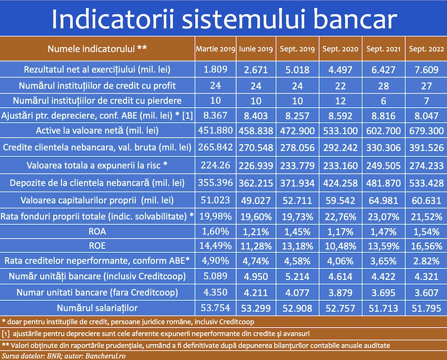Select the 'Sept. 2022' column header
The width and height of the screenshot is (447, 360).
[x=426, y=49]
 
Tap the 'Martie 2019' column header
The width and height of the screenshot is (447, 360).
[x=216, y=49]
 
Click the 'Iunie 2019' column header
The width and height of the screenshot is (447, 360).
[x=256, y=49]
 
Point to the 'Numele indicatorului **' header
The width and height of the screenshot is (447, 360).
[x=97, y=49]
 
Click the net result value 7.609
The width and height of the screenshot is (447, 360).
[x=426, y=70]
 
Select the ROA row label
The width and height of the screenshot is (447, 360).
[x=97, y=231]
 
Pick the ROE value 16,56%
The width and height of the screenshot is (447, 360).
[x=426, y=246]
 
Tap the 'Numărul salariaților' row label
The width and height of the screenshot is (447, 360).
[x=97, y=308]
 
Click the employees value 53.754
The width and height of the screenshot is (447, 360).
[x=216, y=308]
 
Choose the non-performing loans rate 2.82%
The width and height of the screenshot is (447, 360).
[x=426, y=261]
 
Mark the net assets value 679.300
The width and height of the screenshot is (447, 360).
[x=426, y=131]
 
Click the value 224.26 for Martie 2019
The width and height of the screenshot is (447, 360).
[x=216, y=165]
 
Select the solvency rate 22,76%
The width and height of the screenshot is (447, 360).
[x=340, y=217]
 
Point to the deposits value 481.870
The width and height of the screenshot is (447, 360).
[x=383, y=183]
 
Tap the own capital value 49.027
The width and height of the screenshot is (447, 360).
[x=256, y=200]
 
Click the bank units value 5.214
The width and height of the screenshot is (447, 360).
[x=297, y=276]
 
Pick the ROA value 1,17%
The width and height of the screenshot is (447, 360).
[x=340, y=232]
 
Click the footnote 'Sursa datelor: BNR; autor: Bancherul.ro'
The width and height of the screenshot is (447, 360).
[x=64, y=356]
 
